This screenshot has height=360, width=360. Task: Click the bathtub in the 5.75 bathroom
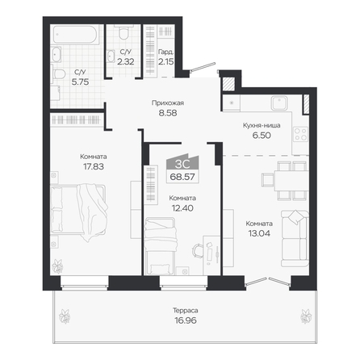point(74,35)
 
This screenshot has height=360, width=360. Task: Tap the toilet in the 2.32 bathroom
point(123,32)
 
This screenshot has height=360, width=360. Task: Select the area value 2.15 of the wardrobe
point(165,61)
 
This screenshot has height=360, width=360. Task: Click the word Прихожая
point(168,103)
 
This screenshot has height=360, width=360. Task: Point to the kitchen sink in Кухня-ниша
point(279,103)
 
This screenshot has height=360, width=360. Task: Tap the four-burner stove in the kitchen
point(301,134)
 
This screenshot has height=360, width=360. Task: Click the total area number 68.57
point(182,177)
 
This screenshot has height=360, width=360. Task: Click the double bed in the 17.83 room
point(78,209)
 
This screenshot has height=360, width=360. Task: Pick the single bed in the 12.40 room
point(161,246)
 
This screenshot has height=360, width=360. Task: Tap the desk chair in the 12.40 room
point(197,251)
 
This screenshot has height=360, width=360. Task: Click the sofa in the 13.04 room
point(295,238)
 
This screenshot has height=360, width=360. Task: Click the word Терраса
point(186,311)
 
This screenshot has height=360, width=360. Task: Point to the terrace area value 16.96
point(186,320)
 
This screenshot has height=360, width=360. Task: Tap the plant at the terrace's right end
point(306,316)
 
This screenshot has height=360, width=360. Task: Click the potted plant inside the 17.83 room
point(57,266)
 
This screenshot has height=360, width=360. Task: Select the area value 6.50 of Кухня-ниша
point(262,135)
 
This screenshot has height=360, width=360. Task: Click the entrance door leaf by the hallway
point(203,67)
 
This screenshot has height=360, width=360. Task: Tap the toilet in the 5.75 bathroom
point(59,74)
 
